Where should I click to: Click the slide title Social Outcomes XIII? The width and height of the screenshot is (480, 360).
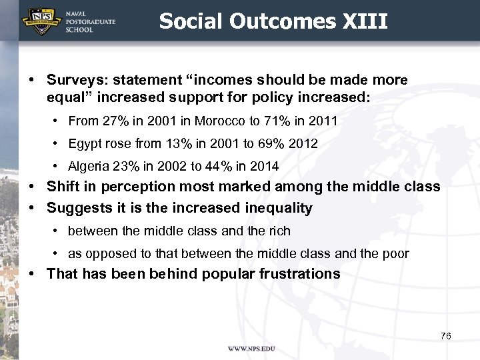(x=273, y=21)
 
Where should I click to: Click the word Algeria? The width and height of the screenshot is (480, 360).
(x=85, y=166)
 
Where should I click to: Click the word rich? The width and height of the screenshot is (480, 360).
(x=279, y=231)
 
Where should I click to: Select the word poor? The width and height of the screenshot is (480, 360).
(x=396, y=253)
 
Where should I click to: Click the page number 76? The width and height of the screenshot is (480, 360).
(x=445, y=336)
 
